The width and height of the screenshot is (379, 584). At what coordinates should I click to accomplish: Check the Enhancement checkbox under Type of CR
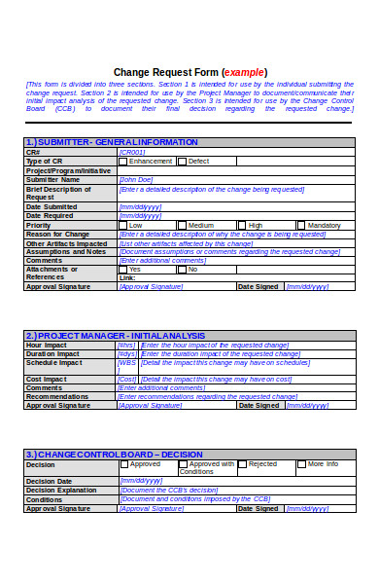click(x=123, y=161)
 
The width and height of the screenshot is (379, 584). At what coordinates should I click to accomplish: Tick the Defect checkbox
click(x=183, y=161)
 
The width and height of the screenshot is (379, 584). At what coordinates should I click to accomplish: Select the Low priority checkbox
click(x=123, y=225)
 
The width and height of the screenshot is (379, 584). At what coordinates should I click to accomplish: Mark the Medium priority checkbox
click(x=183, y=225)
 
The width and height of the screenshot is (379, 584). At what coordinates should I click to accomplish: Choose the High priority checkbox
click(x=242, y=225)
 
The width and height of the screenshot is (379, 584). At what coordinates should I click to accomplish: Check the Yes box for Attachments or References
click(x=123, y=269)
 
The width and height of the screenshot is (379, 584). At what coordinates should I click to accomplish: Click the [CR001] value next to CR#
click(x=132, y=152)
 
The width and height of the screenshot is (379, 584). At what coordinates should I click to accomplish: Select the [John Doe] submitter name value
click(x=136, y=179)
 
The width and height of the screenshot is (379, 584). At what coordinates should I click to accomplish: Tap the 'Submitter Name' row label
click(x=52, y=179)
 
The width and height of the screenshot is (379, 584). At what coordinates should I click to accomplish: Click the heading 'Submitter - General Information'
click(x=97, y=142)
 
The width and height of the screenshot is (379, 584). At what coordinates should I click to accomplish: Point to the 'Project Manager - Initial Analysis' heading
click(x=102, y=335)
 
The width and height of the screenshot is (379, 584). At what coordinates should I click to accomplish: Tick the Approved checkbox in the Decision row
click(x=123, y=464)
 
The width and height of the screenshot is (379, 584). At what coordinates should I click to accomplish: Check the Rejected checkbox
click(x=242, y=464)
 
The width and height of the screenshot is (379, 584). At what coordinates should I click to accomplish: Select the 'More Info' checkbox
click(x=301, y=464)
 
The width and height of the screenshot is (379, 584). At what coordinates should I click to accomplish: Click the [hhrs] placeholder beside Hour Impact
click(x=126, y=345)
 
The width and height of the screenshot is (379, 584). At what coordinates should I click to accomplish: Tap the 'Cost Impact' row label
click(x=47, y=379)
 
